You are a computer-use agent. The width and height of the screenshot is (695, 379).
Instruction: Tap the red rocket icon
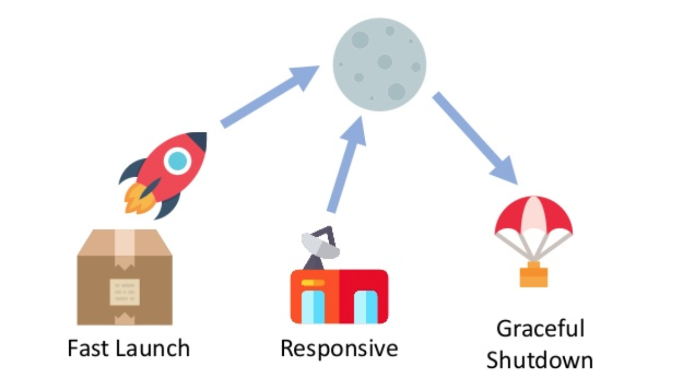click(166, 172)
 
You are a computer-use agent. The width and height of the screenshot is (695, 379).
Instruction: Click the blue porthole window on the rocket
click(177, 161)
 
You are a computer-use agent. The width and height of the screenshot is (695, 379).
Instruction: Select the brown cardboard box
click(125, 277)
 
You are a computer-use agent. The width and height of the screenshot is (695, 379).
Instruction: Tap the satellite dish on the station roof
click(320, 244)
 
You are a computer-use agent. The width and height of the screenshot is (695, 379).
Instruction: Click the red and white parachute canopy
click(533, 219)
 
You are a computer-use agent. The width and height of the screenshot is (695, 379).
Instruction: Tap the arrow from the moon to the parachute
click(475, 139)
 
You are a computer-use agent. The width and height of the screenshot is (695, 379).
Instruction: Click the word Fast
click(88, 349)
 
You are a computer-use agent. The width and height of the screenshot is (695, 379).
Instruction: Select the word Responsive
click(339, 349)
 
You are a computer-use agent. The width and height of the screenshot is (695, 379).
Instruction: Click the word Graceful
click(540, 329)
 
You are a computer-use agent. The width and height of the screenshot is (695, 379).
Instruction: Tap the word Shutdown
click(540, 360)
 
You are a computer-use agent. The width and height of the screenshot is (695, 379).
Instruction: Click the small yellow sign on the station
click(313, 283)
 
